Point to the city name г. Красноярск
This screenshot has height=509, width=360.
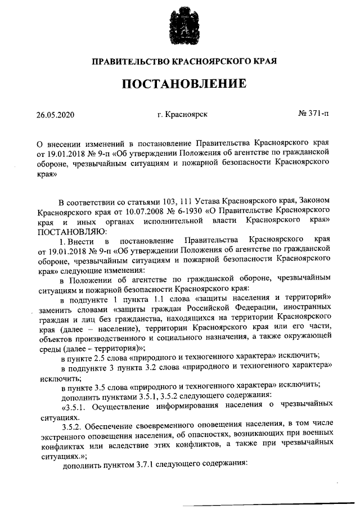pos(183,115)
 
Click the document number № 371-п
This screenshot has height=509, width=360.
pos(313,115)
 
